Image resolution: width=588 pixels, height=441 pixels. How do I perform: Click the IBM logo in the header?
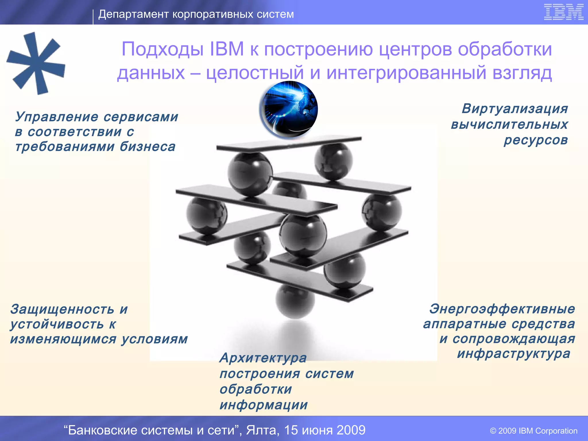pyautogui.click(x=564, y=12)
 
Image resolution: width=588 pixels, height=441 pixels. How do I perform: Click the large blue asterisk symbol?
pyautogui.click(x=36, y=63)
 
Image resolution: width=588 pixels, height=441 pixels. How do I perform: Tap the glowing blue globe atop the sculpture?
pyautogui.click(x=289, y=109)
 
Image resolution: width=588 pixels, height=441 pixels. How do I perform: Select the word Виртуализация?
pyautogui.click(x=515, y=109)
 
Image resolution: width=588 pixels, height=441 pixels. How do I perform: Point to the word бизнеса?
pyautogui.click(x=147, y=147)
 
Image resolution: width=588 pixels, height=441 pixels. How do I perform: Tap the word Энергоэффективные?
pyautogui.click(x=502, y=309)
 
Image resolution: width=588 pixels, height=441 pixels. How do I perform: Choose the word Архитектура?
pyautogui.click(x=263, y=358)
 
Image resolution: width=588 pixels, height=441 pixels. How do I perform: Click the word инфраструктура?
pyautogui.click(x=514, y=353)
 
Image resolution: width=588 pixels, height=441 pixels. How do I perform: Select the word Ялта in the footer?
pyautogui.click(x=263, y=430)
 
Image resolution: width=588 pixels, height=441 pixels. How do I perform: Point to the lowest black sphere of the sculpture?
pyautogui.click(x=295, y=301)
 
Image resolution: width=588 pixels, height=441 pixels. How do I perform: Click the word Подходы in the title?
pyautogui.click(x=163, y=49)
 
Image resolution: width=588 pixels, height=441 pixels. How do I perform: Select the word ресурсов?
pyautogui.click(x=536, y=140)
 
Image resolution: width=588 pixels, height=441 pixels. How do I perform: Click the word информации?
pyautogui.click(x=264, y=405)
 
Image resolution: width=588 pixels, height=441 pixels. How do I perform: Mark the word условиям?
pyautogui.click(x=154, y=339)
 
